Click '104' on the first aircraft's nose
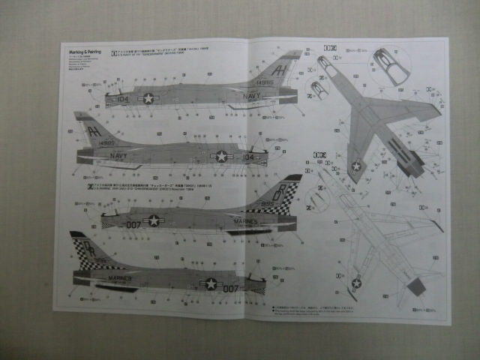coord(113,97)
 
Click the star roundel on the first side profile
coord(148,98)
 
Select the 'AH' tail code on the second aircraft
coord(93,127)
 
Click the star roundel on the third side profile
coord(154,220)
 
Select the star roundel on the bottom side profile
coord(211,283)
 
